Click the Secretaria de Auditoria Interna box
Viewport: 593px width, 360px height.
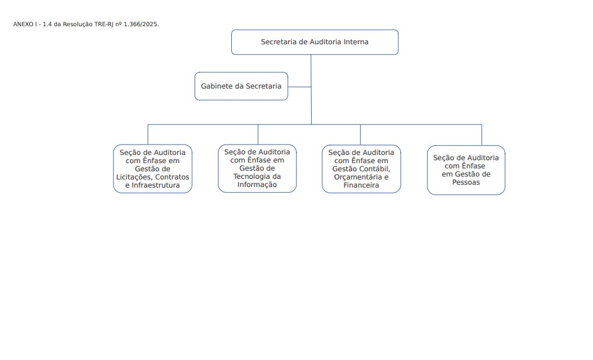(315, 42)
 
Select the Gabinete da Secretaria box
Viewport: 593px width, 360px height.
(241, 86)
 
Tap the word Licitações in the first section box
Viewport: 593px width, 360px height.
(133, 177)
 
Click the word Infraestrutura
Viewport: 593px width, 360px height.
(156, 186)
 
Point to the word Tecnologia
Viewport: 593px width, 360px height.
(252, 177)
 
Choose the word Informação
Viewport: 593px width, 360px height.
(257, 185)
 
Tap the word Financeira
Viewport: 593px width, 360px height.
(361, 185)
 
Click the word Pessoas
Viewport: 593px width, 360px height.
(466, 182)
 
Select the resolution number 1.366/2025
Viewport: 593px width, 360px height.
(141, 24)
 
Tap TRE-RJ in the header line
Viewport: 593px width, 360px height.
(104, 24)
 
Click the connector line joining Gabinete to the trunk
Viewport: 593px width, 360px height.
(299, 87)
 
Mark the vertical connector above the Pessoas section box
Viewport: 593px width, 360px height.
(482, 135)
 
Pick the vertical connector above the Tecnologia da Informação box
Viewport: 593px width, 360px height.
(258, 134)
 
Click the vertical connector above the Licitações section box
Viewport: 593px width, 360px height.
(148, 134)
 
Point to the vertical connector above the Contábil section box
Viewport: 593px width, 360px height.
(360, 135)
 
